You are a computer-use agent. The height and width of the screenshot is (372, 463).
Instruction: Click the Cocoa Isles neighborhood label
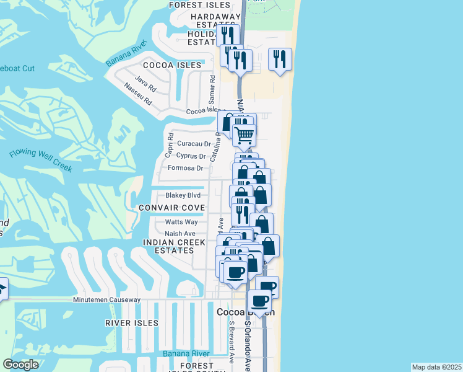(172, 65)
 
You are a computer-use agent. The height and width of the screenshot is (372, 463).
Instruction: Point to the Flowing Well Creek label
(41, 161)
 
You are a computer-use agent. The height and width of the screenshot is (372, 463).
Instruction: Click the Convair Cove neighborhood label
(171, 207)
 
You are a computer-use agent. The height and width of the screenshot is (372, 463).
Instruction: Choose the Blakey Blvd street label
(183, 195)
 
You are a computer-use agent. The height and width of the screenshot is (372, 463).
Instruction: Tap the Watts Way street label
(181, 222)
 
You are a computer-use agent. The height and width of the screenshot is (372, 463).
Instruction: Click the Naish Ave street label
(180, 234)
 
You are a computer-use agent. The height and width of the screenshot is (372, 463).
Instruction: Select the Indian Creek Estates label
(169, 246)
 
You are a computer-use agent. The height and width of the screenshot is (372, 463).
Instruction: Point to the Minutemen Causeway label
(106, 300)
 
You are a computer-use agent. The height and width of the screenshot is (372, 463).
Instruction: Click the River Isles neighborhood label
(131, 323)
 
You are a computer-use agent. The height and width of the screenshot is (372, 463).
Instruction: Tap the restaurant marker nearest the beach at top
(281, 60)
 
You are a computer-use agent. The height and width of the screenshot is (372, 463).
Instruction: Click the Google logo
(20, 365)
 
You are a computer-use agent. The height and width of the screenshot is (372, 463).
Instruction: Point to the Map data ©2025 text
(436, 367)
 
